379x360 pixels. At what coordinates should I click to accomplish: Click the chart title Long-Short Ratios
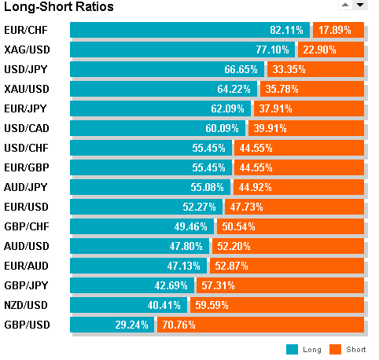coord(59,7)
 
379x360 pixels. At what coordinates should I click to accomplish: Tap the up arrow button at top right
coord(345,5)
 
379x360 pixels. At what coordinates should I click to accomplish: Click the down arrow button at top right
coord(360,5)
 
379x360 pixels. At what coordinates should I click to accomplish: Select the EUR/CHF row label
coord(26,30)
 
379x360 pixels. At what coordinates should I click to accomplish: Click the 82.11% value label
coord(286,30)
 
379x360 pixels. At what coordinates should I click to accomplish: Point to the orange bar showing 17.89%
coord(338,30)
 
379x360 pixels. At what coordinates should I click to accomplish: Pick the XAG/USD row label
coord(27,50)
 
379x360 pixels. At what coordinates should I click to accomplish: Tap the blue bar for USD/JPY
coord(167,69)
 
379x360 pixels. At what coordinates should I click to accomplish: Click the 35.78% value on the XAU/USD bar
coord(281,89)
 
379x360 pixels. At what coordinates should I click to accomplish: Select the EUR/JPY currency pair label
coord(25,108)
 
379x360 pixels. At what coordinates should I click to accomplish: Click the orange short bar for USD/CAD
coord(306,128)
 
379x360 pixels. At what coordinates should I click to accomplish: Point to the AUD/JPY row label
coord(26,187)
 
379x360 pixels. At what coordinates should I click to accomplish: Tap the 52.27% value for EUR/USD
coord(199,207)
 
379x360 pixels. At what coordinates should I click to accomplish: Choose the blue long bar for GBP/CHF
coord(142,226)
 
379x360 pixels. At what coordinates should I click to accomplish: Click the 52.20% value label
coord(234,246)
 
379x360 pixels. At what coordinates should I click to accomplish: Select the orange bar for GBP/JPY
coord(280,285)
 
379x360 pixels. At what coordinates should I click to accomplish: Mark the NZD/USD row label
coord(26,305)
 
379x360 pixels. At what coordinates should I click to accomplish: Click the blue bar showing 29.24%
coord(112,325)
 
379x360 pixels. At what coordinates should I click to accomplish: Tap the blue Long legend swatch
coord(292,349)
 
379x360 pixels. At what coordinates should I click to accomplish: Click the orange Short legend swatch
coord(335,349)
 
